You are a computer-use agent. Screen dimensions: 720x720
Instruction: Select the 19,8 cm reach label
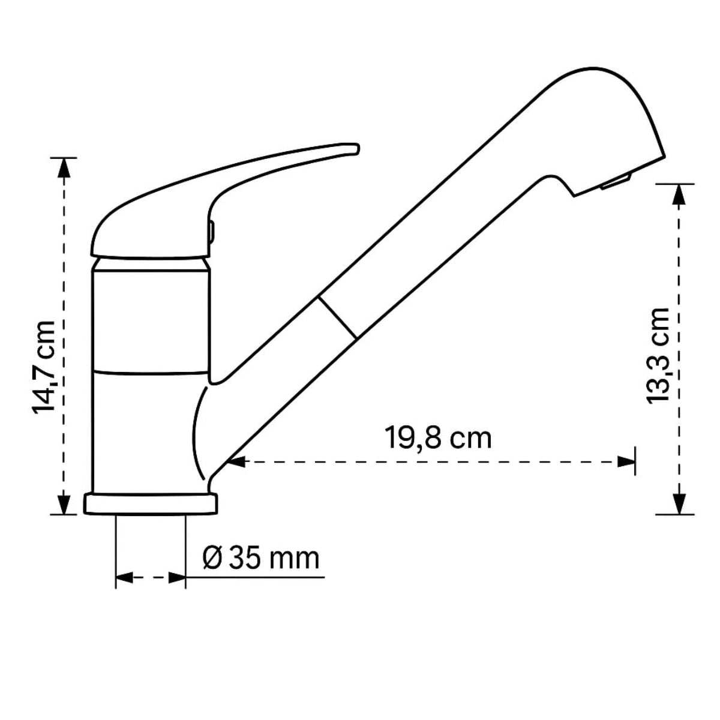[437, 439]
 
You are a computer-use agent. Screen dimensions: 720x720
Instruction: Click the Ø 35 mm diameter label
[261, 559]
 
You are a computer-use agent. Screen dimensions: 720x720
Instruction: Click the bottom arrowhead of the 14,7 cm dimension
[64, 504]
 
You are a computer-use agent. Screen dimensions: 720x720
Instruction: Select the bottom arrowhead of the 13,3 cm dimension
[678, 504]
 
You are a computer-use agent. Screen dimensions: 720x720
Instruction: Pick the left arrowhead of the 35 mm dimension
[123, 578]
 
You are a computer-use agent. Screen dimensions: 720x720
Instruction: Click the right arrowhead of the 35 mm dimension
[178, 578]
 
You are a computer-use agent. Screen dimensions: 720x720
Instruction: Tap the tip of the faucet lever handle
[354, 147]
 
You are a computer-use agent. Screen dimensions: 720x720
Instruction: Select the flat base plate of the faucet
[150, 504]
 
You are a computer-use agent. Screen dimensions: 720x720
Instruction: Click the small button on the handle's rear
[211, 231]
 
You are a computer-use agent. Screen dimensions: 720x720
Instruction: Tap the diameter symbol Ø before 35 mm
[213, 559]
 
